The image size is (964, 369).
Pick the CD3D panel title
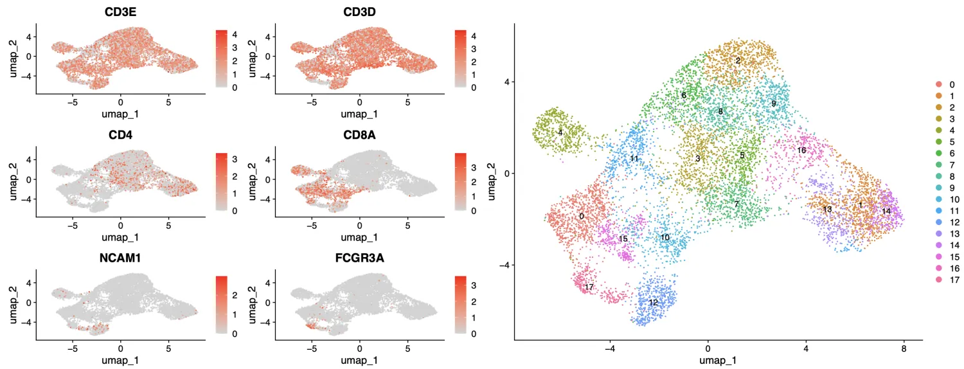pos(359,12)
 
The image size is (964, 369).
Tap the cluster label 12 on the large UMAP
pos(653,302)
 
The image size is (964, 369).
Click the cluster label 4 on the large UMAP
pos(560,132)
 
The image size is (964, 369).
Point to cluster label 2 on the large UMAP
pos(738,60)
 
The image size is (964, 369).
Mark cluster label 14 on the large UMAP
pos(886,211)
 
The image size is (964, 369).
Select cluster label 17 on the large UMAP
pos(589,286)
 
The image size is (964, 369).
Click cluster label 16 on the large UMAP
pos(801,150)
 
